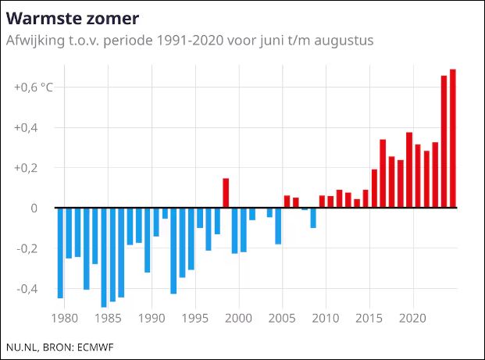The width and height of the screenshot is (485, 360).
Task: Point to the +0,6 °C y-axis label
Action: click(x=34, y=87)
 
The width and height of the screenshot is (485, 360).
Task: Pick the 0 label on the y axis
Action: click(x=34, y=209)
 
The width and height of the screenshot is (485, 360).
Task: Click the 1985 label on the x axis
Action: click(x=112, y=319)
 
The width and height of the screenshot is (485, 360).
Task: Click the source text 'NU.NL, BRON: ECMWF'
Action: click(x=60, y=346)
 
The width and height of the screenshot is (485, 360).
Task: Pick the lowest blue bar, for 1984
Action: click(x=104, y=258)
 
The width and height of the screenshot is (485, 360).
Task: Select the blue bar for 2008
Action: click(x=313, y=218)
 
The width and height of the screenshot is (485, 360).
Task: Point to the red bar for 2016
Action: click(x=383, y=174)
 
